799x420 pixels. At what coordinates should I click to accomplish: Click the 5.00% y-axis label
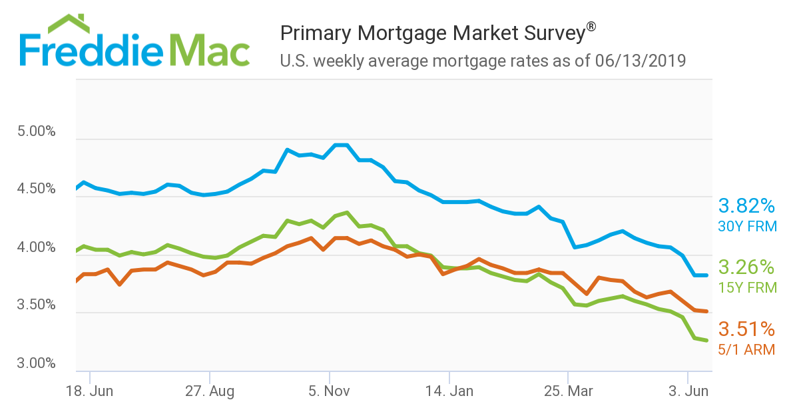(36, 131)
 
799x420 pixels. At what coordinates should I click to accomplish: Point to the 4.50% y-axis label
(36, 189)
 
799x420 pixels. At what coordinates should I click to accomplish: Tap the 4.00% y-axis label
(36, 247)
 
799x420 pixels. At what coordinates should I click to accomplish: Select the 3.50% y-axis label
(36, 305)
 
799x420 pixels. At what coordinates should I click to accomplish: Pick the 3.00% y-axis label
(36, 363)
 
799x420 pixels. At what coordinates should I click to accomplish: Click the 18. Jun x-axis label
(90, 391)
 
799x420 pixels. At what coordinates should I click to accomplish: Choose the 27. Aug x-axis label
(210, 391)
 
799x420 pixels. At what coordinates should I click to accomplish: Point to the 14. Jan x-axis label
(449, 391)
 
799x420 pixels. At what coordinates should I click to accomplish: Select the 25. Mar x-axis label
(568, 391)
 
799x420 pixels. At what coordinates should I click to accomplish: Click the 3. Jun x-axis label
(688, 391)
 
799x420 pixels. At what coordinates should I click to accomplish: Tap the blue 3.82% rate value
(746, 205)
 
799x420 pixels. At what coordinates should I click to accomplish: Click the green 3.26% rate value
(746, 268)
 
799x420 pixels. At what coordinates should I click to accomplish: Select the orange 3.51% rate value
(746, 329)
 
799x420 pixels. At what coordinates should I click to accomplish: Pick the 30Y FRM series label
(747, 227)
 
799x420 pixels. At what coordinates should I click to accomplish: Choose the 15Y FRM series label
(747, 288)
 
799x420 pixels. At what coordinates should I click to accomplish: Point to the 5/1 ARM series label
(747, 349)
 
